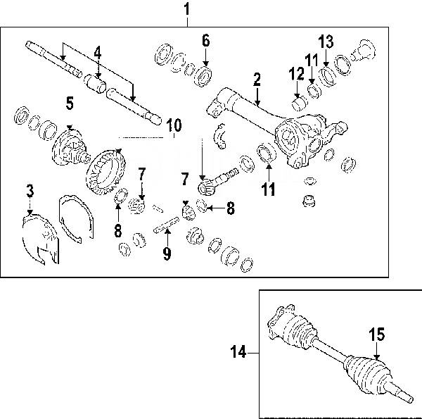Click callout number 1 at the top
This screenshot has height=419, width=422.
click(x=186, y=10)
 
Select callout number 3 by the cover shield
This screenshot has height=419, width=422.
click(x=30, y=190)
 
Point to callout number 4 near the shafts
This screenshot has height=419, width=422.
click(x=98, y=51)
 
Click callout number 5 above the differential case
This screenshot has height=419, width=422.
click(x=69, y=104)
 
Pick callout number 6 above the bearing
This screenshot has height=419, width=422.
click(x=205, y=40)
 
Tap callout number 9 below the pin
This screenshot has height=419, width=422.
click(x=167, y=254)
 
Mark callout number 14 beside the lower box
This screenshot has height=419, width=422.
click(x=240, y=350)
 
